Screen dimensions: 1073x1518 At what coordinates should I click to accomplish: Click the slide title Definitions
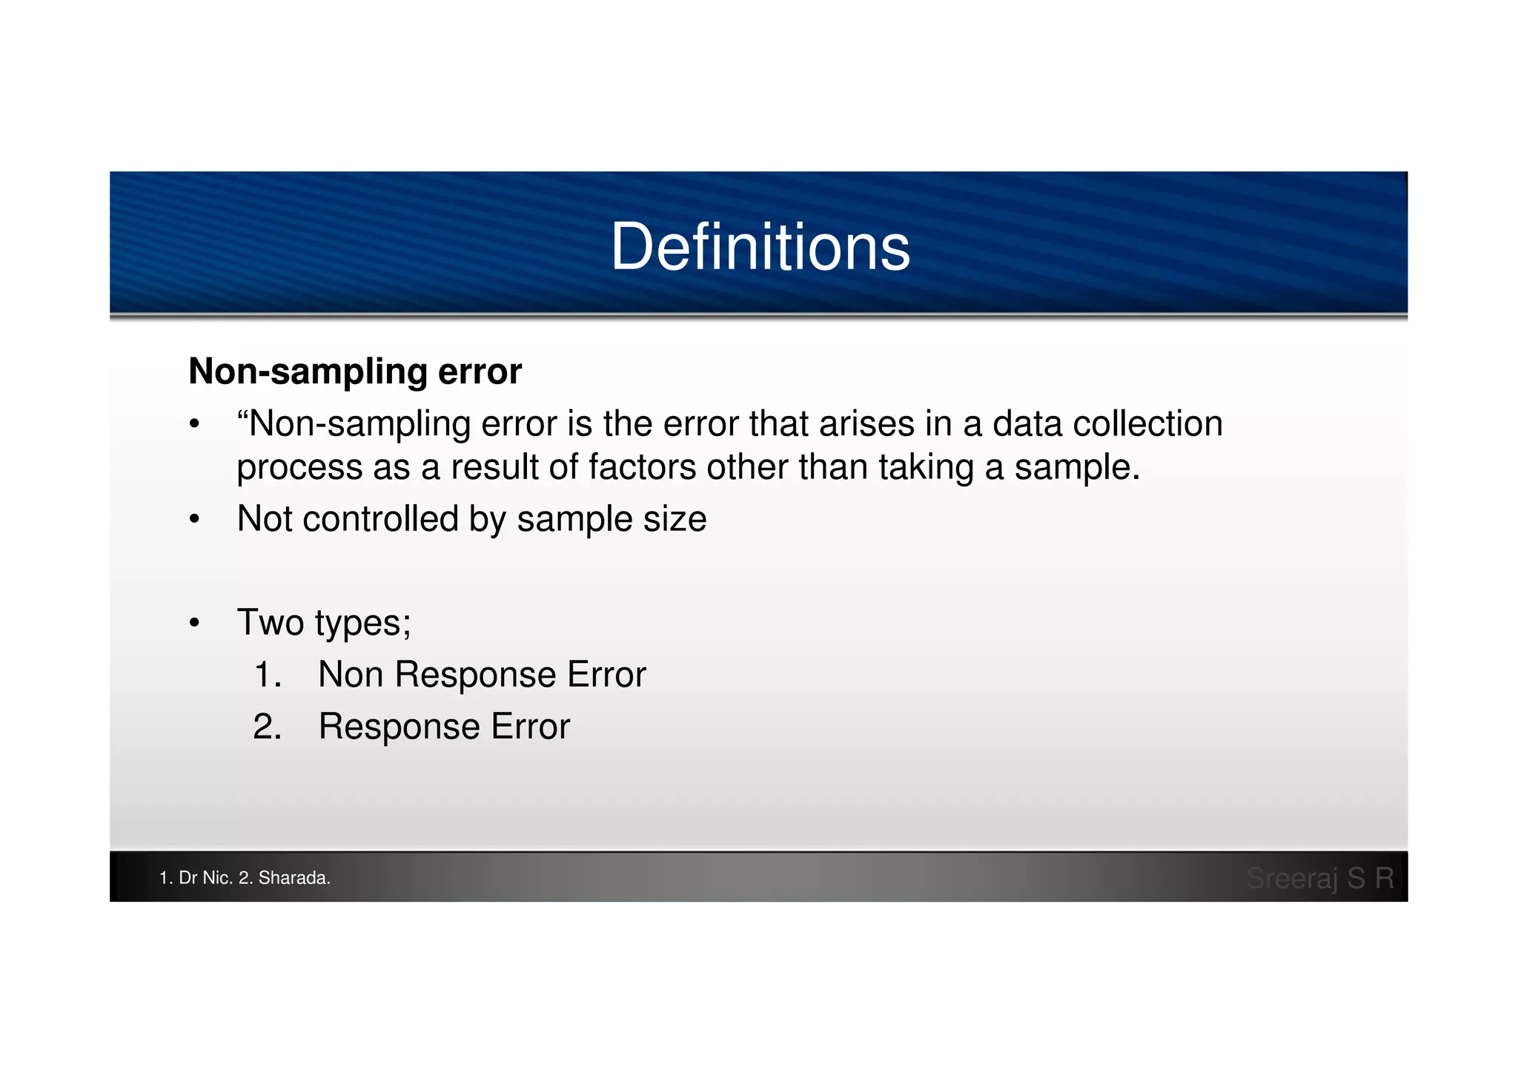760,247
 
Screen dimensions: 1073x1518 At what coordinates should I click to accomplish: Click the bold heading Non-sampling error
355,371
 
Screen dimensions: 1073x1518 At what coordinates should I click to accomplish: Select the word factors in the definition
642,467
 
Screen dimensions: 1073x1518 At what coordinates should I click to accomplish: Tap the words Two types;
324,622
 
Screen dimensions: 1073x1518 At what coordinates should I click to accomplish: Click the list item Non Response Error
482,675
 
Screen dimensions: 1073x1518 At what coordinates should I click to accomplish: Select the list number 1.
267,675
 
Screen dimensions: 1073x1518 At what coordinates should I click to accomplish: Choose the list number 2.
267,727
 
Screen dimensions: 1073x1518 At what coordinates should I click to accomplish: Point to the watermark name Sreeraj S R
1319,878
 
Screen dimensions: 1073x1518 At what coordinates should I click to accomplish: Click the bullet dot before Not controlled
194,520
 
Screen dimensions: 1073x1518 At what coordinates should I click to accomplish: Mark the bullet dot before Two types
194,624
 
